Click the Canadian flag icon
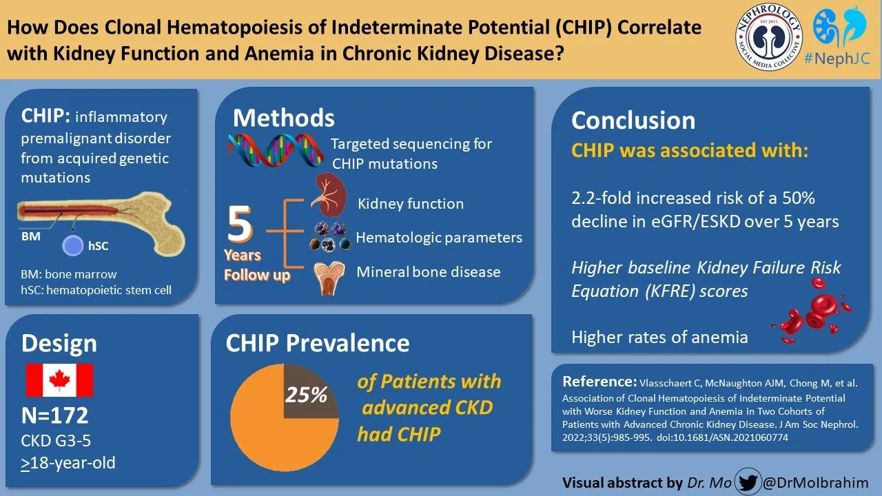click(x=59, y=380)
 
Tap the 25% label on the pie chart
click(x=307, y=395)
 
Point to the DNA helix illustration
click(x=276, y=149)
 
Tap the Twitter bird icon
click(x=749, y=482)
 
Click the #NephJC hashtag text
click(x=837, y=59)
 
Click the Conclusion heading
click(x=633, y=121)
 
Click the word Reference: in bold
click(x=599, y=382)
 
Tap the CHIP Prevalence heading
click(x=318, y=342)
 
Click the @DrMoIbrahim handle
click(x=816, y=482)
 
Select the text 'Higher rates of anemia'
click(x=659, y=337)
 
